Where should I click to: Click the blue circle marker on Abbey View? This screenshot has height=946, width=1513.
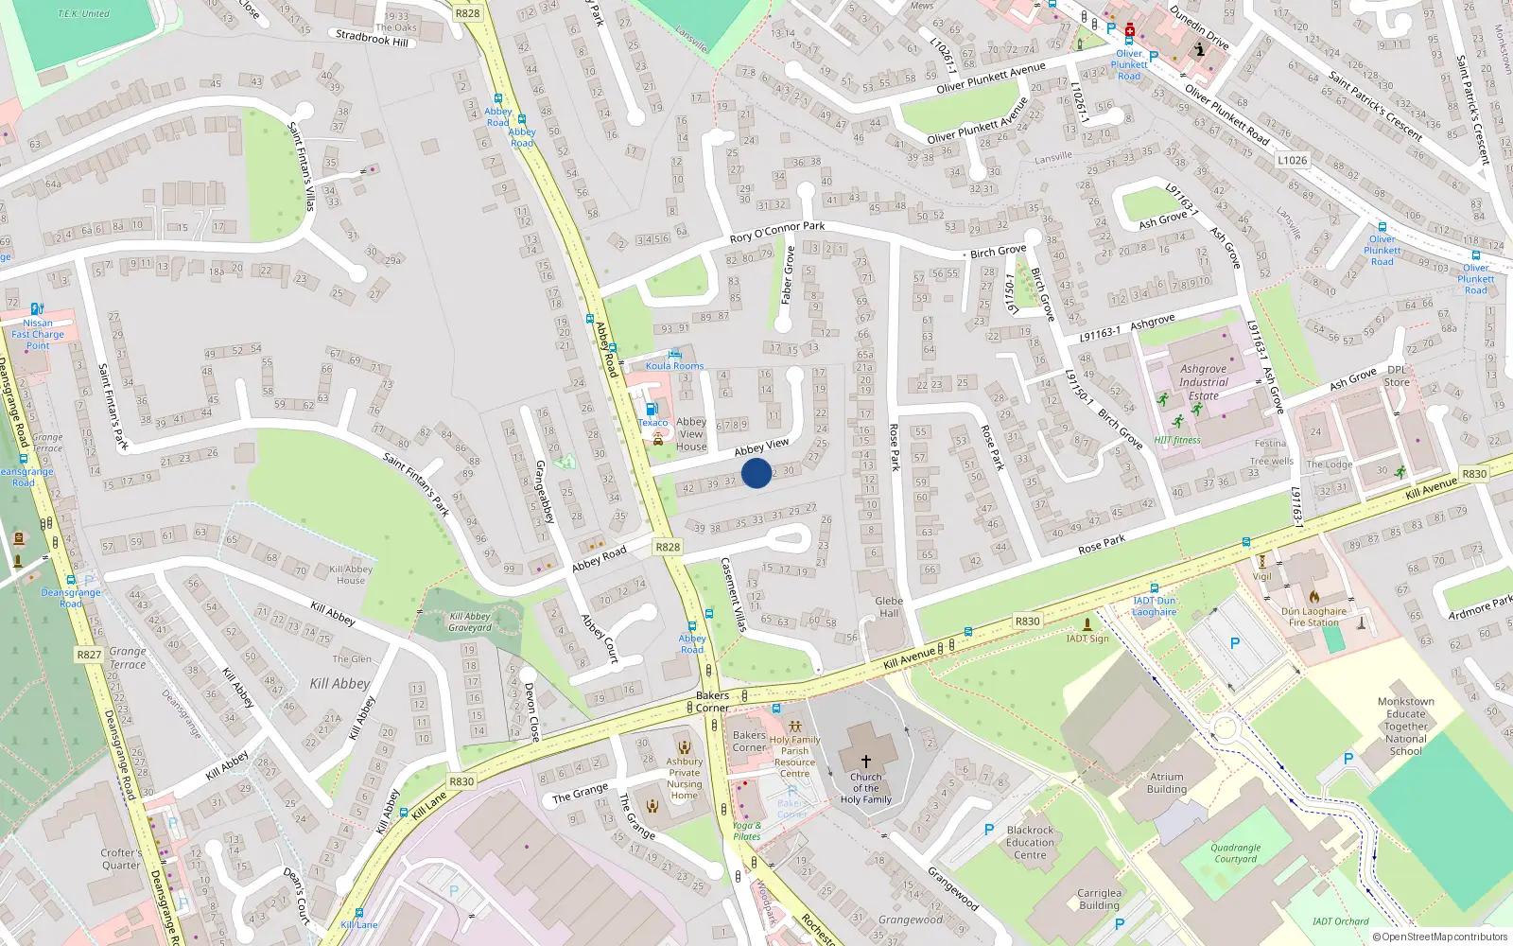(756, 473)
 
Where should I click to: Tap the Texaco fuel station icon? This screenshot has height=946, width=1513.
(652, 410)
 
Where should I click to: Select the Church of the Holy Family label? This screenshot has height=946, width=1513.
(865, 788)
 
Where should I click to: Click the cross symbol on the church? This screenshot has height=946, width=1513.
(865, 761)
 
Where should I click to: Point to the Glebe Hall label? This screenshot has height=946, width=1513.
(889, 606)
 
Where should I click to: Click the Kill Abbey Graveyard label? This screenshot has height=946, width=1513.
(470, 622)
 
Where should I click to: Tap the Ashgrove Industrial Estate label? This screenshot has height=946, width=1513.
(1203, 382)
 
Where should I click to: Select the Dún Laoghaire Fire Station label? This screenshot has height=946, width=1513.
(1313, 617)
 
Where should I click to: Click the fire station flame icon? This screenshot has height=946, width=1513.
(1313, 596)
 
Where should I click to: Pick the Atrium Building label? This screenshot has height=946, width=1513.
(1166, 782)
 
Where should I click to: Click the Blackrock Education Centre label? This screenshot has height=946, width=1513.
(1030, 842)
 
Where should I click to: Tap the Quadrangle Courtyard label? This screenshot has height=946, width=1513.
(1235, 853)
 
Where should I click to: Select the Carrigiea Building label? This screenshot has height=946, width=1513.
(1099, 899)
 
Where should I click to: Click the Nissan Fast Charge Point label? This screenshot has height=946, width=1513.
(38, 334)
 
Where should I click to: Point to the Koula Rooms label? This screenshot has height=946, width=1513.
(674, 366)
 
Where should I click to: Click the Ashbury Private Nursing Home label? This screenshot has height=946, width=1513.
(684, 779)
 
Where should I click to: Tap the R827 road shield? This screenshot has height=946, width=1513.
(89, 655)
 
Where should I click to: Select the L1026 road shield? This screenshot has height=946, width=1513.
(1292, 160)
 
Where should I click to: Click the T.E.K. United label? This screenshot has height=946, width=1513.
(83, 13)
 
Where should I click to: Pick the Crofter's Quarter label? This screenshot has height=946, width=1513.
(121, 859)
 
